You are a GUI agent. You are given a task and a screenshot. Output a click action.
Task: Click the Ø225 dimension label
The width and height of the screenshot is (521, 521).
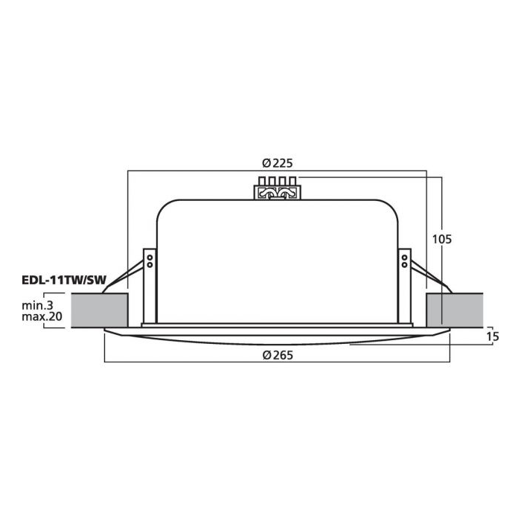(278, 163)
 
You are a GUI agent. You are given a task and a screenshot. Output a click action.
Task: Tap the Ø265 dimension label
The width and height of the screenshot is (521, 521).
(278, 355)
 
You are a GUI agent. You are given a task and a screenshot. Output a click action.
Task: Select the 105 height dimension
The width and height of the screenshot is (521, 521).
(442, 239)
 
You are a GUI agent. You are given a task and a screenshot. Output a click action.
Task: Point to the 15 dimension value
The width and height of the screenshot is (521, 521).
(493, 336)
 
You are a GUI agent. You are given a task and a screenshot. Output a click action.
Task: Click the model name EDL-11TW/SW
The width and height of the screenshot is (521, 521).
(64, 280)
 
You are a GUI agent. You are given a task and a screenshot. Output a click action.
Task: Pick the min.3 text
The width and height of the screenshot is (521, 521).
(37, 305)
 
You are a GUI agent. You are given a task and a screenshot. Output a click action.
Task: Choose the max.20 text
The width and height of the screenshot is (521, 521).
(42, 316)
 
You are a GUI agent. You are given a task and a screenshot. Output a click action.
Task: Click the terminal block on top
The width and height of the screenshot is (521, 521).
(277, 188)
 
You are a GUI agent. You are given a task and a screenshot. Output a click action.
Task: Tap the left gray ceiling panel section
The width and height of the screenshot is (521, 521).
(100, 310)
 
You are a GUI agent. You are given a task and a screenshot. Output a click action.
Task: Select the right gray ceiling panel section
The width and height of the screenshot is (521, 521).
(454, 310)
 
